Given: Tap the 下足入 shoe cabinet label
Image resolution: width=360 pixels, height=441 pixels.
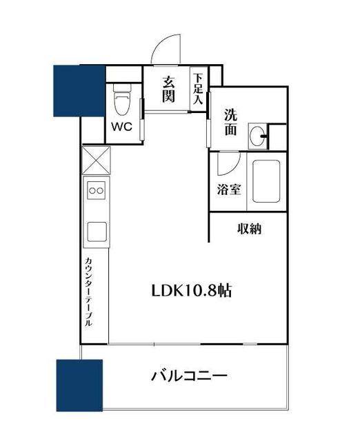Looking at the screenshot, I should [199, 88].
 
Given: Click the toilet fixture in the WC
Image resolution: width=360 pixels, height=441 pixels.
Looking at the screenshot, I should [123, 102].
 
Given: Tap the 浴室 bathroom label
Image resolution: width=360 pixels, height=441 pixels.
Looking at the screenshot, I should [230, 189].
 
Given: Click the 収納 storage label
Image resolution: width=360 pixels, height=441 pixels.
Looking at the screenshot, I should [250, 229].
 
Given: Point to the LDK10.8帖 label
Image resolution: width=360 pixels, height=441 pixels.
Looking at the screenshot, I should [191, 291].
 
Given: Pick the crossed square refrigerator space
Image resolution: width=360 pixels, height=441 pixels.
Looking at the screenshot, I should [94, 161].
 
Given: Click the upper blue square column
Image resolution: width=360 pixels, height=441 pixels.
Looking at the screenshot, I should [77, 90].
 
